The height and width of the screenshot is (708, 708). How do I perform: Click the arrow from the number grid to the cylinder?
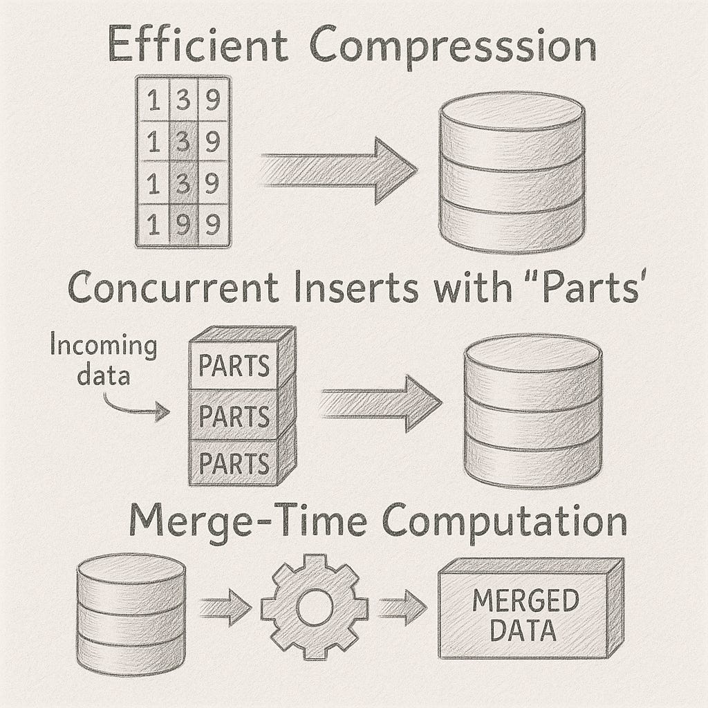(339, 170)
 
